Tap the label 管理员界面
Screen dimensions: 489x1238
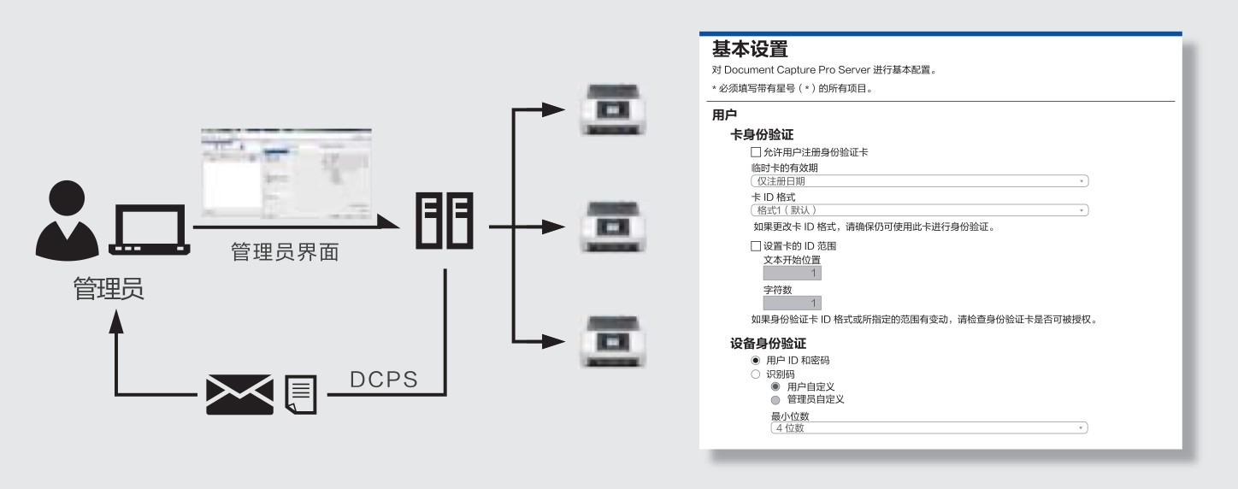coord(286,253)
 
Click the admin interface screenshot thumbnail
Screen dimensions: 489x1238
coord(287,174)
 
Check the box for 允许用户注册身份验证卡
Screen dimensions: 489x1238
coord(756,152)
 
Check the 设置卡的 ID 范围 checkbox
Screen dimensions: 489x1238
coord(756,246)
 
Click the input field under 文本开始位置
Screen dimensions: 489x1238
coord(793,274)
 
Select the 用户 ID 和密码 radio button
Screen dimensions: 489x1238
coord(756,361)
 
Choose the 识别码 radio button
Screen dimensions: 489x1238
coord(756,374)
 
